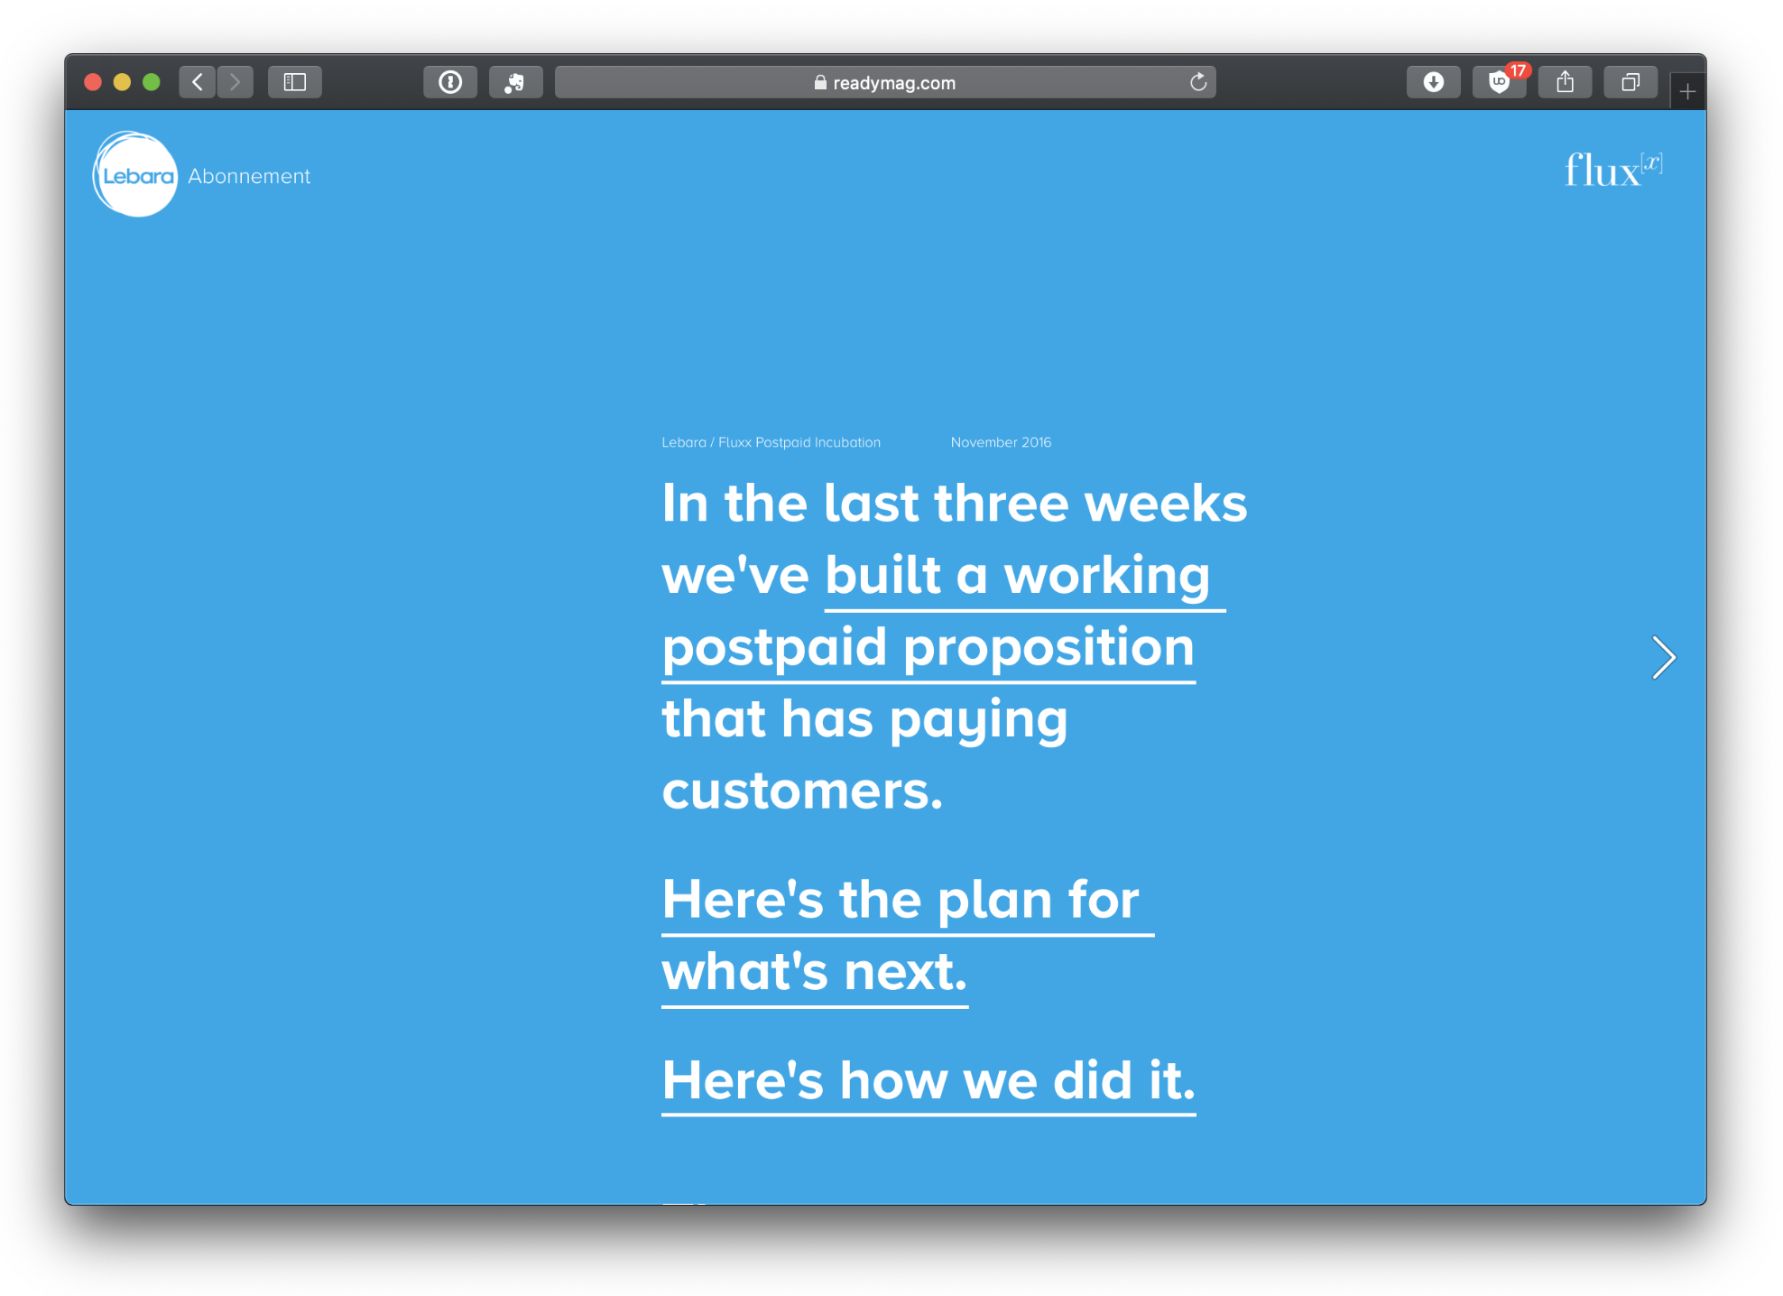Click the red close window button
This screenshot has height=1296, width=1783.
92,82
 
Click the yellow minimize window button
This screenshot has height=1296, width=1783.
122,82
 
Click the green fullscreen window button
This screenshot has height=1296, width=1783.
152,82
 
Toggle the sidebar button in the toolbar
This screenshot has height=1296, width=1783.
295,82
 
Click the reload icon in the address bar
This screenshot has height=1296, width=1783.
1198,82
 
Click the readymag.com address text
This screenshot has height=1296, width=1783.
893,83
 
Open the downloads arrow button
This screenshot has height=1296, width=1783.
1433,82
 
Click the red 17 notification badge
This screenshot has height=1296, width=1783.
1519,70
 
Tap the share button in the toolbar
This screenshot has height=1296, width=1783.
1565,82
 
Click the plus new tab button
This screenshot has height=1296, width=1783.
1687,91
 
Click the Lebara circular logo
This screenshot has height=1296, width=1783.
135,175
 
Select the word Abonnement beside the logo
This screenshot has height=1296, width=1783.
249,177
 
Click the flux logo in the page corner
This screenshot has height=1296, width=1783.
1613,170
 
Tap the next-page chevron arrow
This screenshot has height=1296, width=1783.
1664,657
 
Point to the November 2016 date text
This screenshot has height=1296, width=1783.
1001,442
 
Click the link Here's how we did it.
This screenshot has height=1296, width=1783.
928,1081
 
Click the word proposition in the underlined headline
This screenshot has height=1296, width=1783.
1049,648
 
